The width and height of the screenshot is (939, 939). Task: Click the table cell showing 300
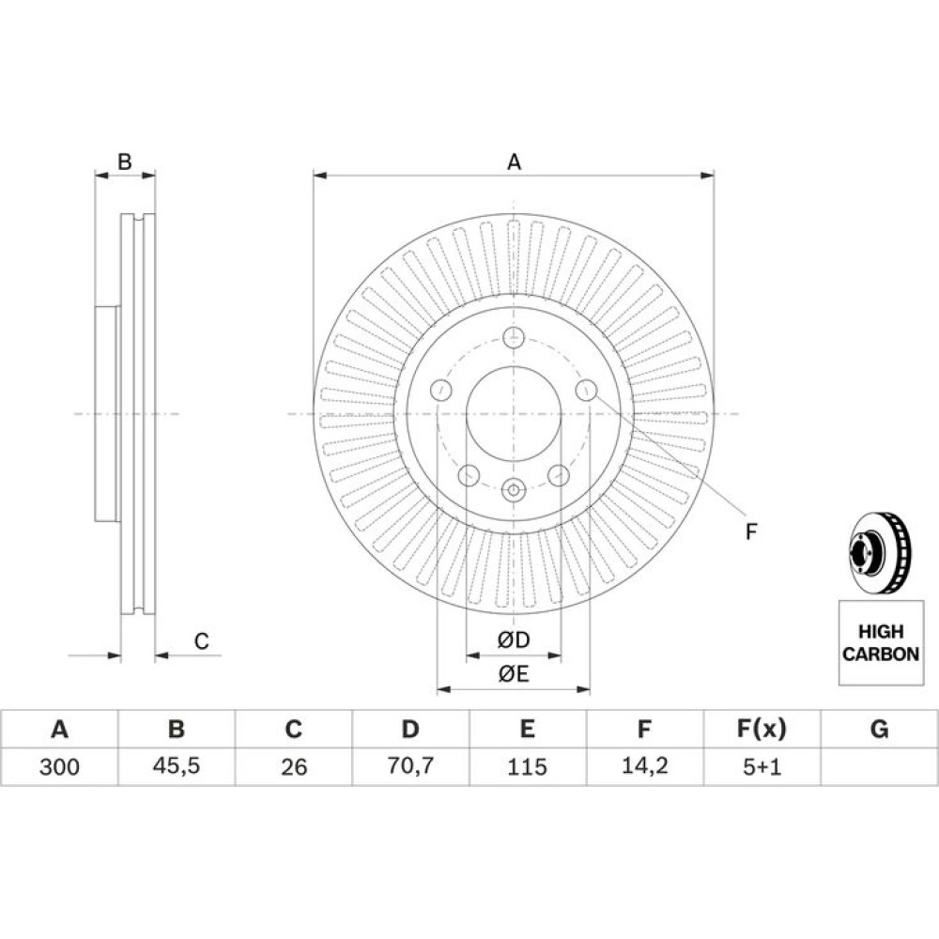tap(59, 766)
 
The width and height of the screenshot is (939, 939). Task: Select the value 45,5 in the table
tap(177, 766)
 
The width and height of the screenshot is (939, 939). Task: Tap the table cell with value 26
tap(293, 766)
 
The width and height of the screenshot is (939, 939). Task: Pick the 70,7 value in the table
tap(410, 766)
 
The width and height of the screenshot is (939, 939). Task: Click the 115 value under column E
tap(527, 766)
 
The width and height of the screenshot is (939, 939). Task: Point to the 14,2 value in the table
tap(644, 766)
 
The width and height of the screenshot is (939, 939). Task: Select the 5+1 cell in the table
tap(762, 766)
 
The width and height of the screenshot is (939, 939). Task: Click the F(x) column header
tap(762, 729)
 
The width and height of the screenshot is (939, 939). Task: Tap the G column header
tap(879, 729)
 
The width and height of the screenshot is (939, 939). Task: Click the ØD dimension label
tap(514, 640)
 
